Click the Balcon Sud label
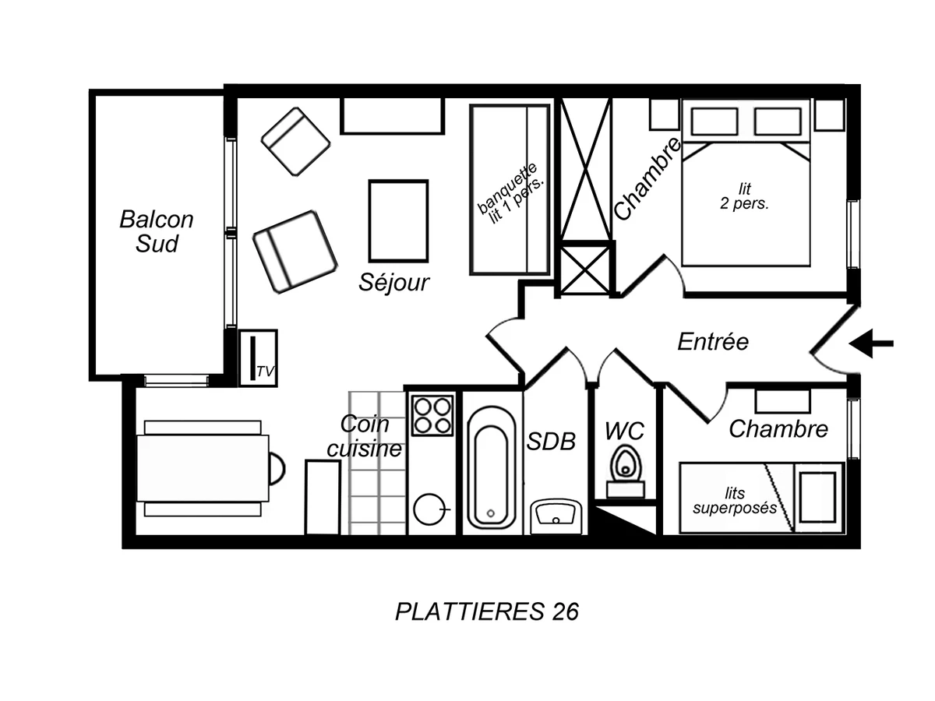coord(156,231)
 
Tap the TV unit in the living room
coord(258,358)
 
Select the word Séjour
coord(394,282)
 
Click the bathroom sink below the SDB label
coord(556,516)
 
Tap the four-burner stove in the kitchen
coord(432,415)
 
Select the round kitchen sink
coord(429,509)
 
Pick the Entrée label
coord(712,341)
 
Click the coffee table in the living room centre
coord(398,220)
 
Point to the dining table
coord(203,468)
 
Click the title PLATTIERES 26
coord(487,612)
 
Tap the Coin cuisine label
coord(364,436)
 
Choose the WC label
coord(625,431)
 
